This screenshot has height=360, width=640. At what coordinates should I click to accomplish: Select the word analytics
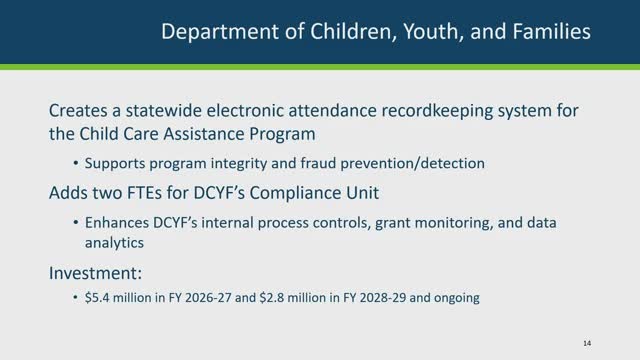coord(114,243)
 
